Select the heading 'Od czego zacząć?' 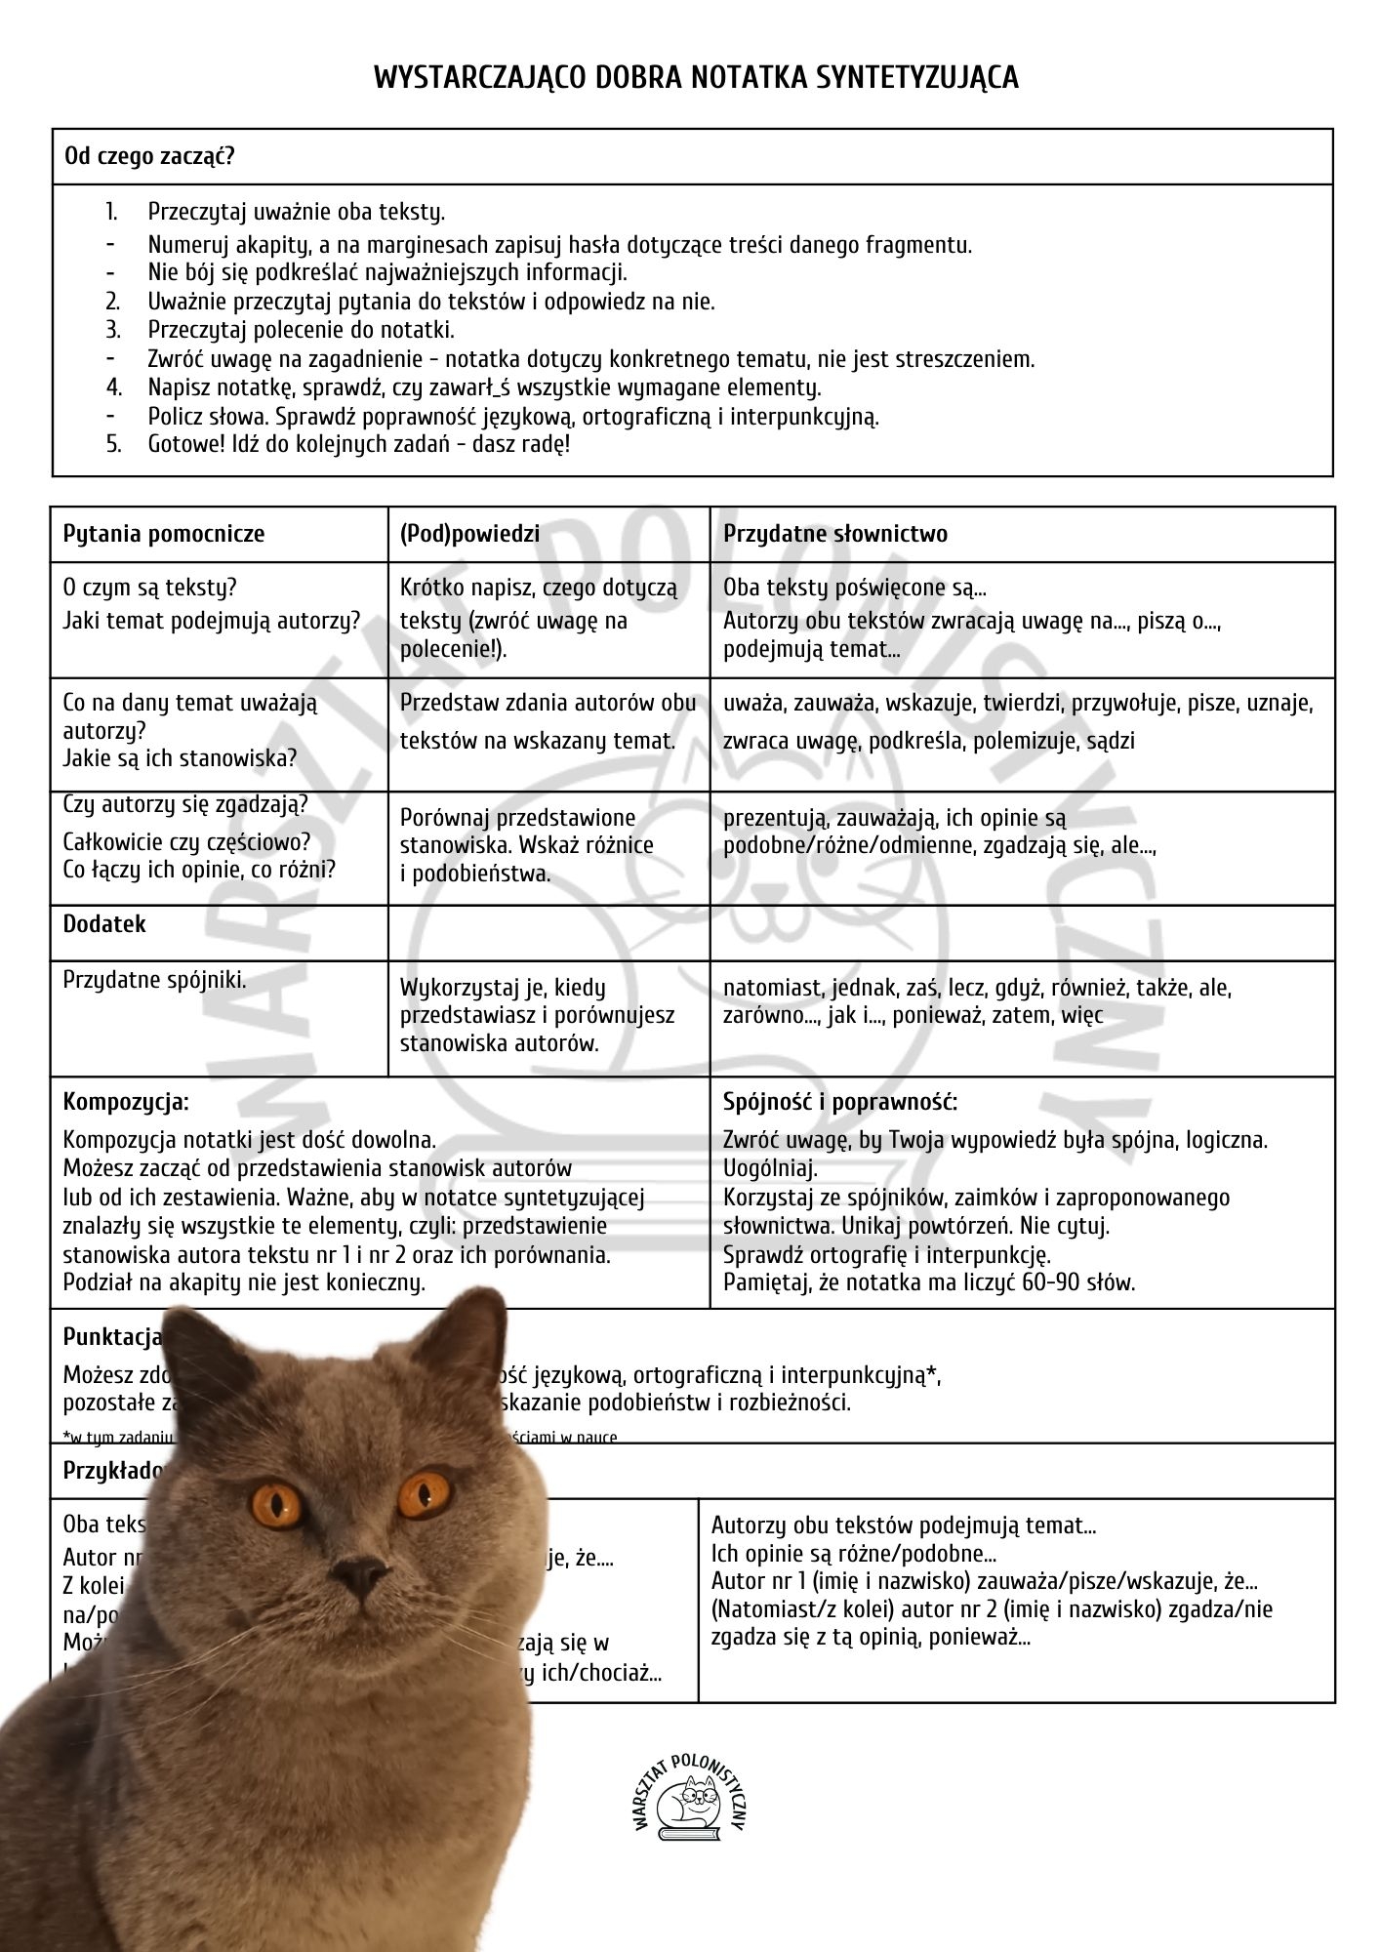click(149, 156)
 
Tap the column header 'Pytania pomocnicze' click(164, 534)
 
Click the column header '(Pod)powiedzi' click(469, 534)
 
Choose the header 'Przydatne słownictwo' click(835, 534)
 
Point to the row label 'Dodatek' click(104, 924)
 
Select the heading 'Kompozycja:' click(126, 1102)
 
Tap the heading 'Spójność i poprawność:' click(840, 1102)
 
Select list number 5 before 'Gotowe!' click(113, 444)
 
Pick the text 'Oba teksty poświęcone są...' click(855, 588)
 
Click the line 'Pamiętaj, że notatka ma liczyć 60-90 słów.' click(929, 1282)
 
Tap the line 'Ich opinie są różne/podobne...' click(854, 1554)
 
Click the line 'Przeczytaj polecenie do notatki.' click(301, 330)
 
